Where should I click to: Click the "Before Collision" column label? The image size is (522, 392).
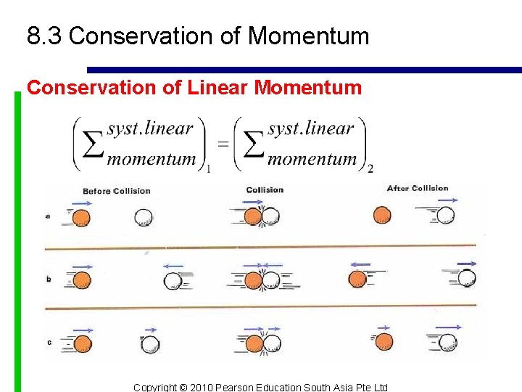(x=116, y=191)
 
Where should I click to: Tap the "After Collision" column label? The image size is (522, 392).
(x=418, y=189)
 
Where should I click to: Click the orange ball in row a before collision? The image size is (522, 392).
(x=82, y=217)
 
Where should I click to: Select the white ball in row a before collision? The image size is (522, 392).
(x=144, y=216)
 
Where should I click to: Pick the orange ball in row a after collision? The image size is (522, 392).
(x=381, y=215)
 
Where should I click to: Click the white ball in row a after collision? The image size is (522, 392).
(x=445, y=215)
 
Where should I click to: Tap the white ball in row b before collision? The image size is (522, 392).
(x=173, y=280)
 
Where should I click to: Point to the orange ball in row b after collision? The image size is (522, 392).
(x=358, y=279)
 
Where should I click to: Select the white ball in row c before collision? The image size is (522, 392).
(x=150, y=344)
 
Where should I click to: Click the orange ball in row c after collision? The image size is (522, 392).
(x=384, y=341)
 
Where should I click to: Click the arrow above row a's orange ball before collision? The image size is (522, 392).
(x=82, y=204)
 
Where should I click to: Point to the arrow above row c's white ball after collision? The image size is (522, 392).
(x=449, y=327)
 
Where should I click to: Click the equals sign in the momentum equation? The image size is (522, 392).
(x=223, y=143)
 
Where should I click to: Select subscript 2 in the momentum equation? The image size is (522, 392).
(x=370, y=169)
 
